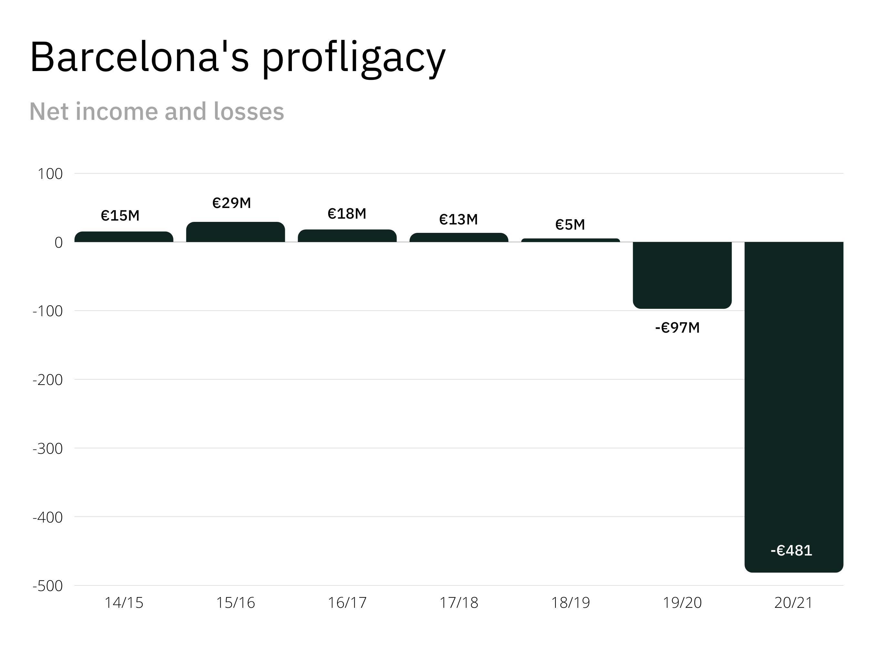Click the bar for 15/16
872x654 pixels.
click(235, 232)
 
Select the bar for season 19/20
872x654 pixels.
click(682, 275)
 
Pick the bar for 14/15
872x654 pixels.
click(124, 237)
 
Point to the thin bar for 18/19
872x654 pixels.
click(570, 240)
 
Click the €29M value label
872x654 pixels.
click(232, 203)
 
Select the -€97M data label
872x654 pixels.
click(677, 327)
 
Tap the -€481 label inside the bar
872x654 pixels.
click(791, 550)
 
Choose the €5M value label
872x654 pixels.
click(570, 225)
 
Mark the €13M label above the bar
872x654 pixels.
click(459, 219)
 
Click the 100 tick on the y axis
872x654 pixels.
click(50, 174)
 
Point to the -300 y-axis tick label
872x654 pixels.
click(48, 449)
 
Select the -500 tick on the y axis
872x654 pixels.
click(48, 586)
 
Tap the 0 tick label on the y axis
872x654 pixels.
click(58, 243)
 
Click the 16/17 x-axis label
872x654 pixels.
click(347, 603)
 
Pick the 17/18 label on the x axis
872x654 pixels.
click(459, 603)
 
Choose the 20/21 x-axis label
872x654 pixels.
click(794, 603)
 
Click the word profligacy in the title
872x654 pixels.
click(354, 58)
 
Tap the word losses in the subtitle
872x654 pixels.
click(249, 111)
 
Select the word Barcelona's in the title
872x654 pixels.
click(140, 57)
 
